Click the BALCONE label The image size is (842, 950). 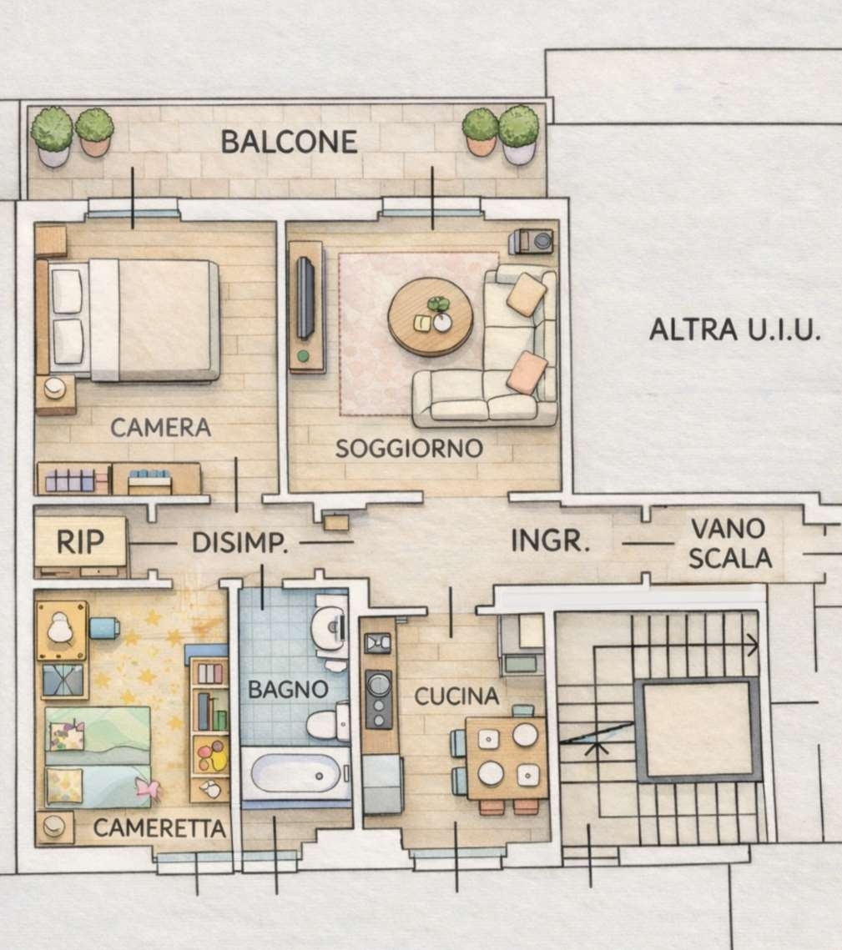click(x=289, y=142)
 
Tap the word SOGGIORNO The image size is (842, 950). click(x=409, y=449)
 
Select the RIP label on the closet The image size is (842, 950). click(x=80, y=541)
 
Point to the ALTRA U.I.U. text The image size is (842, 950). click(x=734, y=330)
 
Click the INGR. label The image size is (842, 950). click(x=550, y=540)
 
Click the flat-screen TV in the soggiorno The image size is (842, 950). click(x=305, y=298)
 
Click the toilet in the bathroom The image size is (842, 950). click(x=328, y=722)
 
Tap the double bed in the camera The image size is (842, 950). click(x=129, y=320)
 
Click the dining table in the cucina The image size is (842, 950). click(x=507, y=758)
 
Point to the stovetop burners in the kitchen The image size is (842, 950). click(x=379, y=699)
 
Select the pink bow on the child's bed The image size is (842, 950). click(x=148, y=788)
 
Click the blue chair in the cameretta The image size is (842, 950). click(x=104, y=628)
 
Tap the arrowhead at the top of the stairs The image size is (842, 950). click(x=753, y=646)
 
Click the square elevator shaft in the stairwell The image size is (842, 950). click(x=698, y=730)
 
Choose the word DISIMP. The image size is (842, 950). click(x=239, y=543)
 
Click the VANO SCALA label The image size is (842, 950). click(x=730, y=544)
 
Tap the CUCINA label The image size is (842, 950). click(x=456, y=696)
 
